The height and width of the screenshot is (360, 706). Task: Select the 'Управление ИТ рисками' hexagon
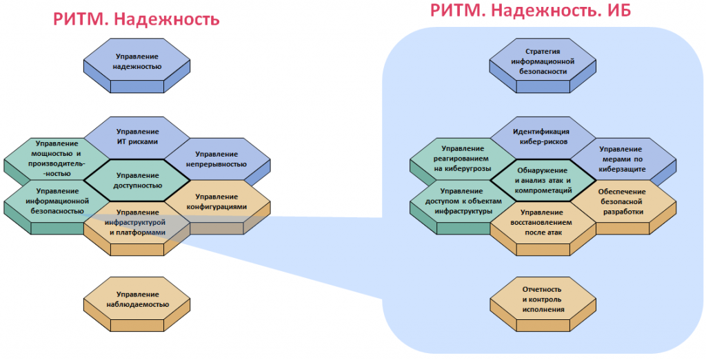(137, 136)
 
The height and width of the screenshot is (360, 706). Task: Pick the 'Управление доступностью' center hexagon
(137, 180)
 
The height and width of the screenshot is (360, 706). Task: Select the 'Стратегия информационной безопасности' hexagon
(543, 61)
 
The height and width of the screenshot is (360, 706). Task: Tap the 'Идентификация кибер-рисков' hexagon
(543, 137)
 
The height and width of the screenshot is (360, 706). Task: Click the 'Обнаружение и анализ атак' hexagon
(543, 179)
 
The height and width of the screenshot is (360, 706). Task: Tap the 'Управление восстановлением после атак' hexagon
(543, 222)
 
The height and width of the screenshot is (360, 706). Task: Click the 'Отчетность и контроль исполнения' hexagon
(543, 299)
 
